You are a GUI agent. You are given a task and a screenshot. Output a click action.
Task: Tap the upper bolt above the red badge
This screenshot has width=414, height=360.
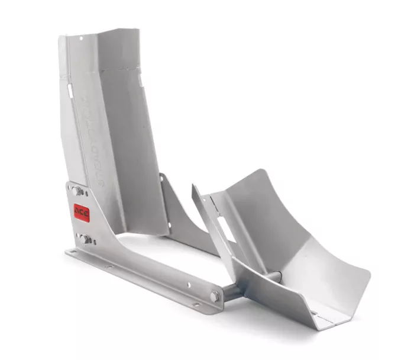[x=77, y=191]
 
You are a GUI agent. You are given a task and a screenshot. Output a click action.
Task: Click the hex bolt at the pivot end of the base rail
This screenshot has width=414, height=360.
[x=215, y=296]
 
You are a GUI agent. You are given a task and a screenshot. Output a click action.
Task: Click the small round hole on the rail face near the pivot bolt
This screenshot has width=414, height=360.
[x=189, y=284]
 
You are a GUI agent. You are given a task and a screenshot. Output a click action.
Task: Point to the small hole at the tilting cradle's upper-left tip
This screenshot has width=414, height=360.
[x=196, y=193]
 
